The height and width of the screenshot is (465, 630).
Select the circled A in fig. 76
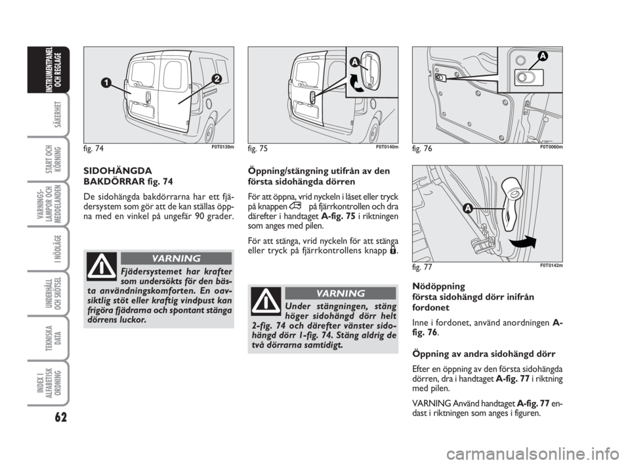[543, 56]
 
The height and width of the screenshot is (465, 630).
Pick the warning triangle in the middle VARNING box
[265, 302]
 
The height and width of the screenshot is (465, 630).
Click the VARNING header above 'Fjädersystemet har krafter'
[175, 258]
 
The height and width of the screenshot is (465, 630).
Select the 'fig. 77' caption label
[422, 268]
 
